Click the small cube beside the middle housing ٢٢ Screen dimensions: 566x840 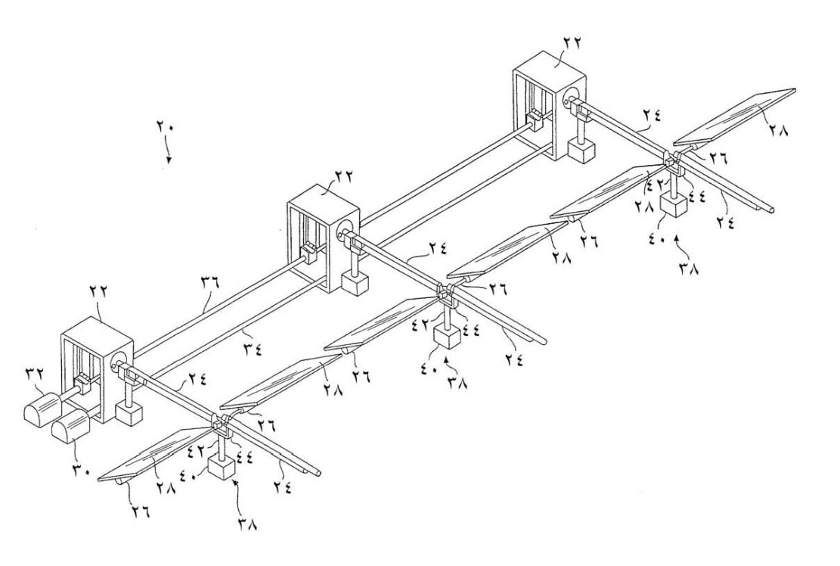pyautogui.click(x=353, y=285)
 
